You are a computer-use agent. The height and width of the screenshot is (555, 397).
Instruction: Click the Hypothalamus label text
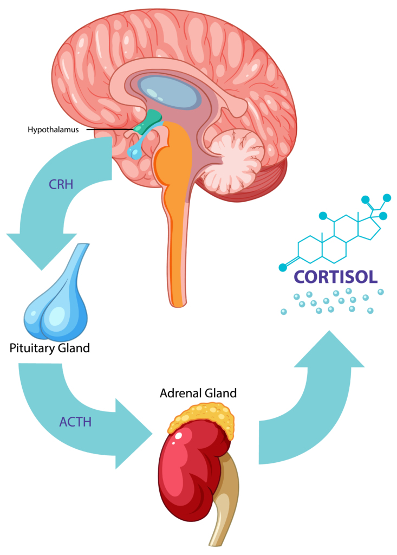54,130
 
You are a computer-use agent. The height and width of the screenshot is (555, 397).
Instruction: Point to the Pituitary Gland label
50,347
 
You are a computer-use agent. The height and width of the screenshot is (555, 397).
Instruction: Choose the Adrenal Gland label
198,392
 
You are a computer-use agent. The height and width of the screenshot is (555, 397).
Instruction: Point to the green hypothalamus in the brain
149,121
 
